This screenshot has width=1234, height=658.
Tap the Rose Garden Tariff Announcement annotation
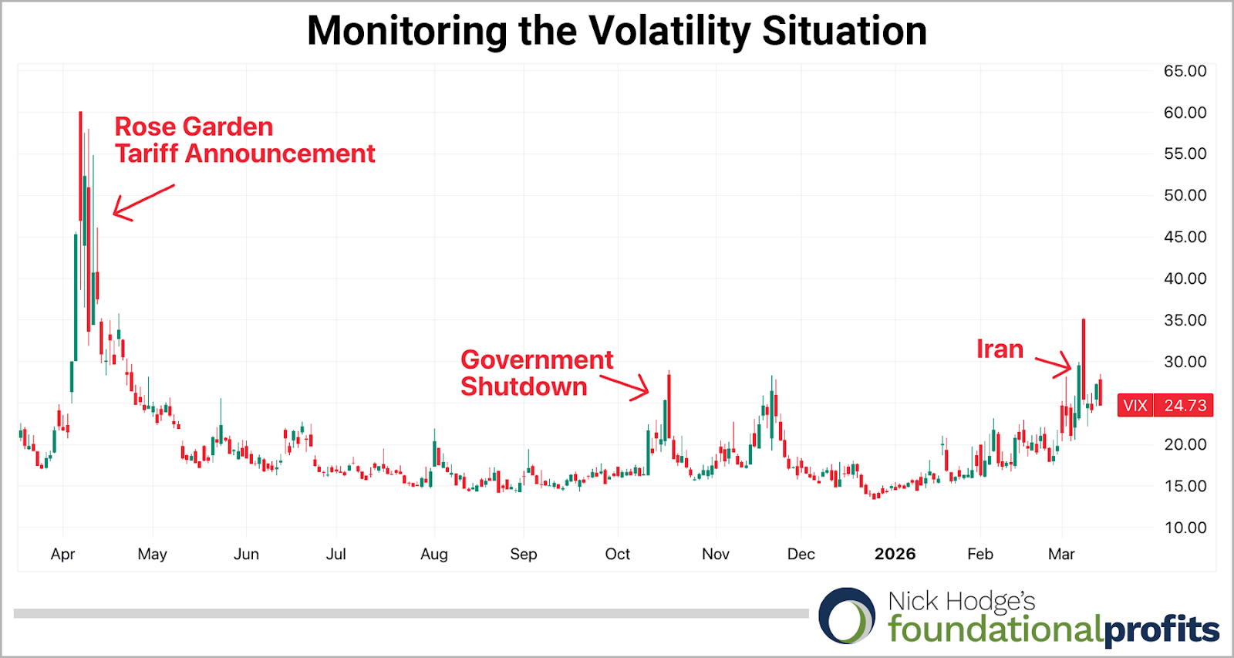[244, 140]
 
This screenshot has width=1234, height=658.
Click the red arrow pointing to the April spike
[143, 201]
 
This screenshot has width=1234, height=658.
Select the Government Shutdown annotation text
[537, 373]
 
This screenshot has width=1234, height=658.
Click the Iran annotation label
[1000, 349]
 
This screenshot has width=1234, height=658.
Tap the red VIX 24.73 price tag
[1165, 406]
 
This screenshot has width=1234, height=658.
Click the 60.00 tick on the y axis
[1185, 113]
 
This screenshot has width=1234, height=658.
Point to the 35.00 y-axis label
[1185, 320]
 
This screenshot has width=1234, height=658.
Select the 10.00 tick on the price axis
[1185, 528]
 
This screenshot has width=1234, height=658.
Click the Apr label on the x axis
[62, 554]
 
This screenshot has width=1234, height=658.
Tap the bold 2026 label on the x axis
[895, 554]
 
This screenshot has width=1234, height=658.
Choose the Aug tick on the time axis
[434, 554]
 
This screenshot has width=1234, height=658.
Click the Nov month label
[716, 554]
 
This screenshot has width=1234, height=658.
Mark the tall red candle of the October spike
[669, 407]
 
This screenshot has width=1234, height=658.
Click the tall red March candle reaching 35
[1084, 359]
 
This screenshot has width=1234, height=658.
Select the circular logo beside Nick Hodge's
[847, 616]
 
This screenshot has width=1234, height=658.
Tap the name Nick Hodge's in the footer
[961, 601]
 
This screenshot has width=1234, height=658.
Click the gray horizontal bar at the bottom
[410, 613]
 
